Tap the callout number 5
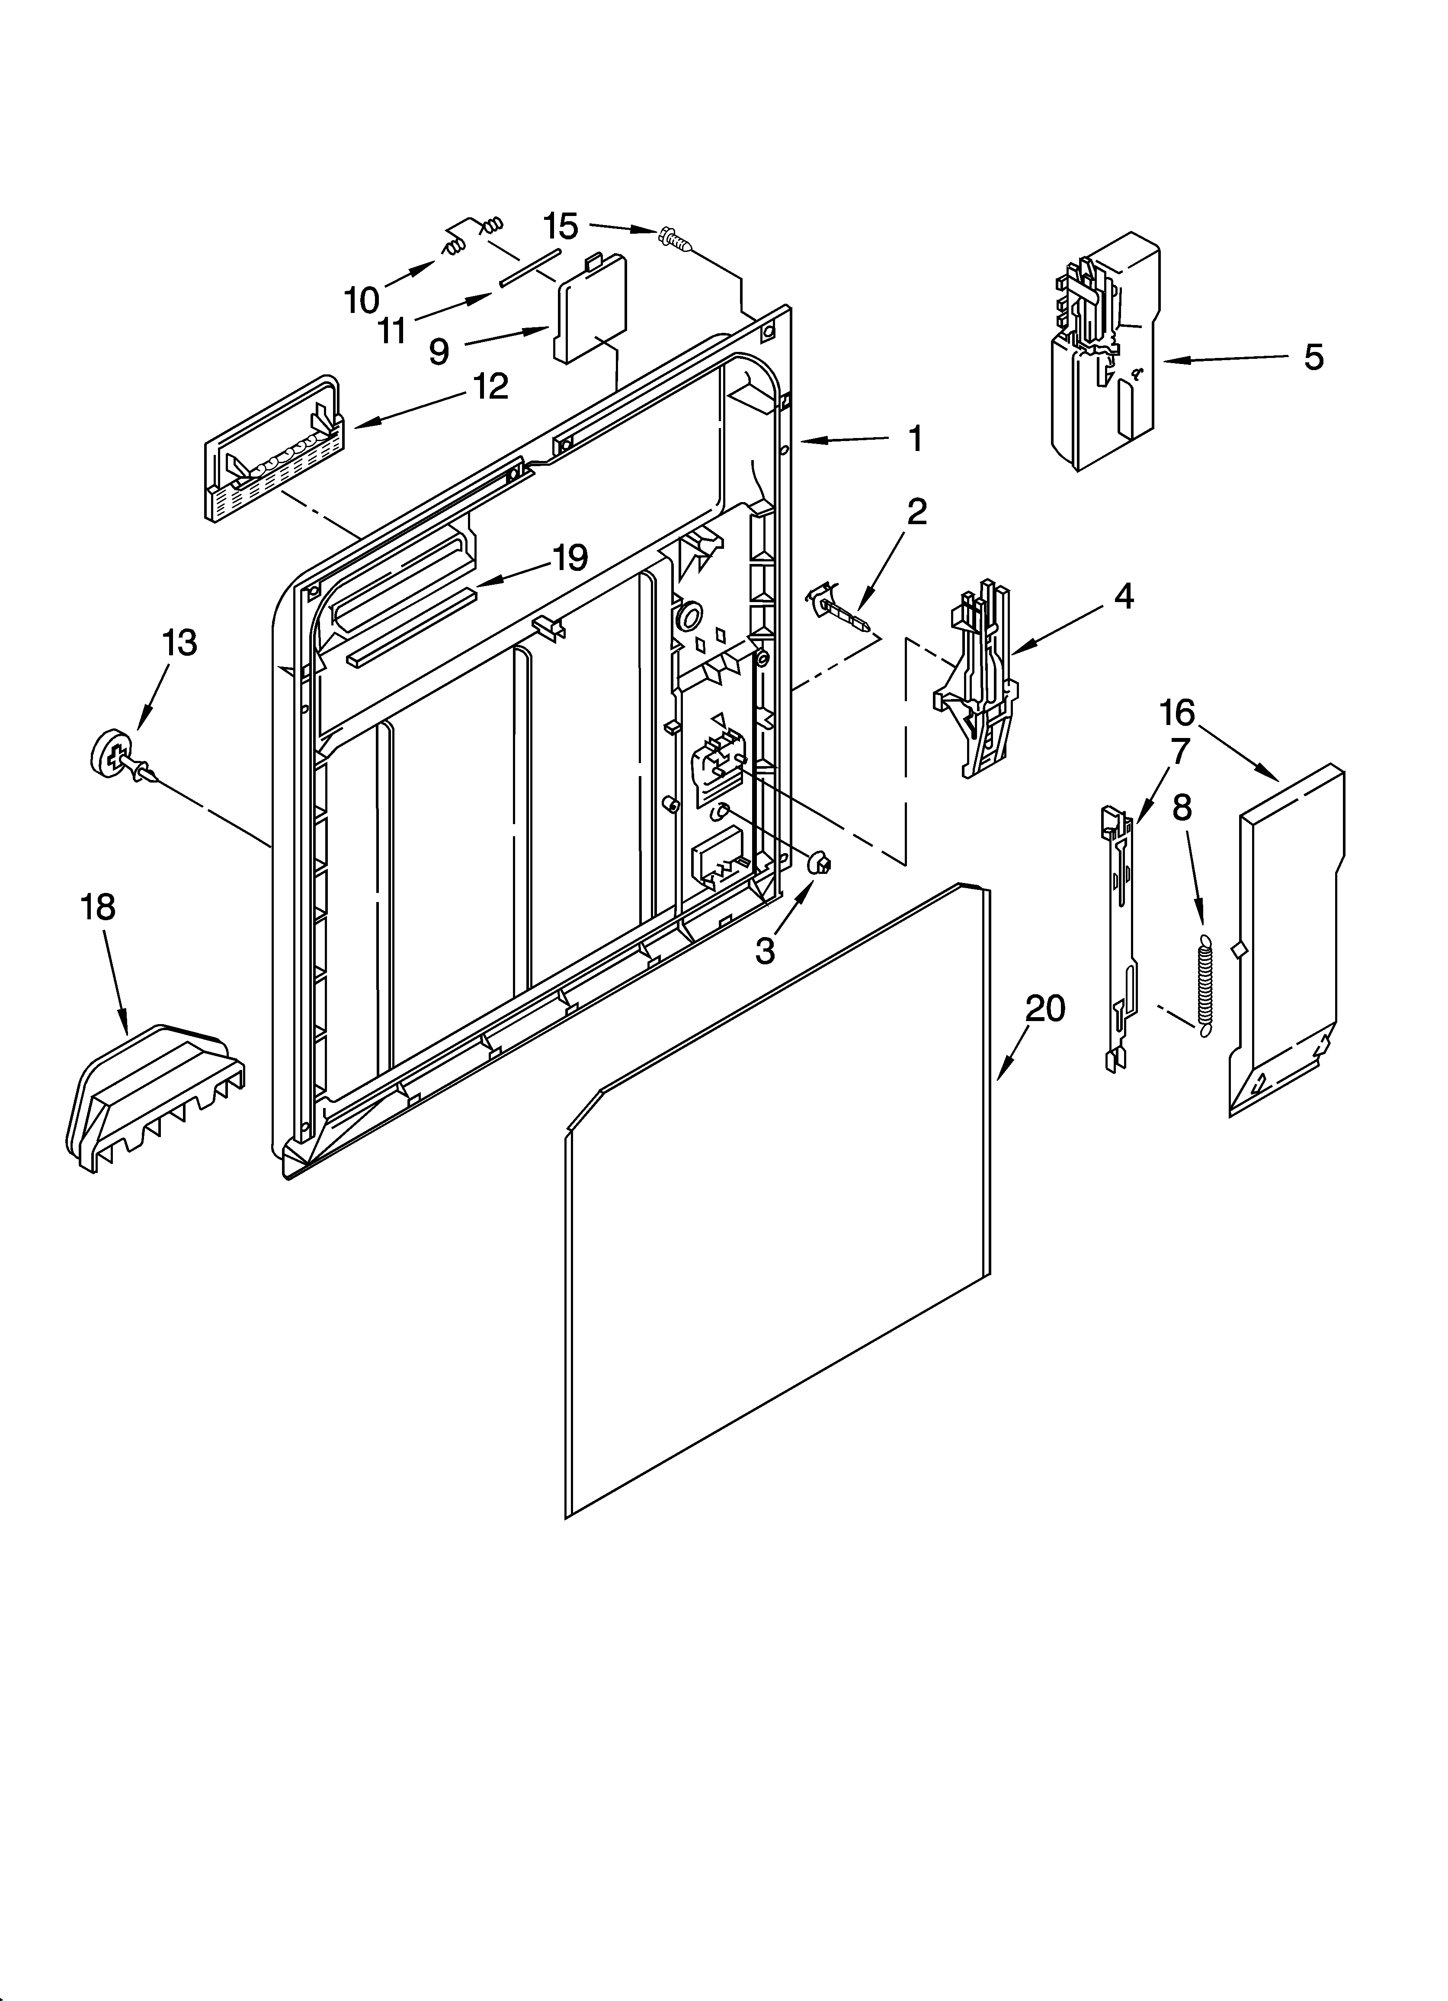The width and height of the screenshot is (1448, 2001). tap(1313, 358)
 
